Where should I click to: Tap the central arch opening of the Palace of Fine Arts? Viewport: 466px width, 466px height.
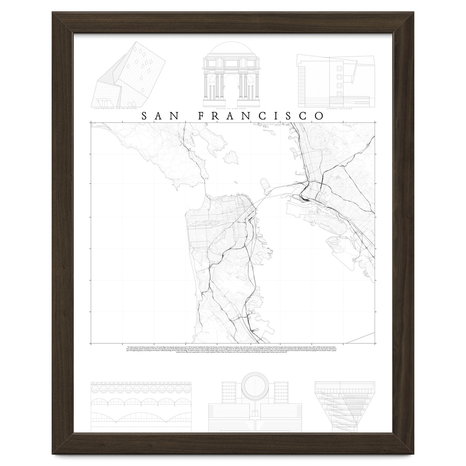233,91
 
